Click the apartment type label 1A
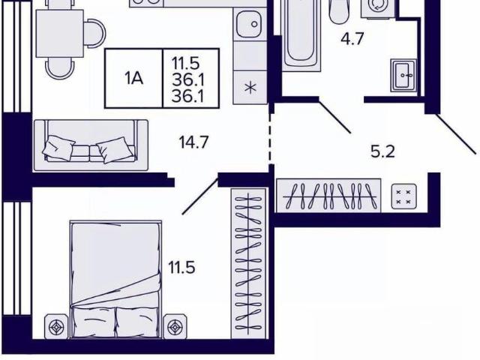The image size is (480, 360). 133,79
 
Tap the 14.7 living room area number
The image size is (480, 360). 193,142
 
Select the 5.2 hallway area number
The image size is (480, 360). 382,151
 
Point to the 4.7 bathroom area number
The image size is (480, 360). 352,39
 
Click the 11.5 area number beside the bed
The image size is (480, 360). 181,267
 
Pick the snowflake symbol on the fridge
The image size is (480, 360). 250,88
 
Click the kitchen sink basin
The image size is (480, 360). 249,24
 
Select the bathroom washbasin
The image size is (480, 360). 403,75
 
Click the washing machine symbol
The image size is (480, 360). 378,7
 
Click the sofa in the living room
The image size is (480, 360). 91,145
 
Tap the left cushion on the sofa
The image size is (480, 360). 58,148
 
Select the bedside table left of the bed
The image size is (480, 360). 56,327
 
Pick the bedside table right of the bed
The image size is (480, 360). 175,327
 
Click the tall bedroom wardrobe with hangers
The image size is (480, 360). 248,263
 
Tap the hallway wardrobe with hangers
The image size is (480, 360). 329,196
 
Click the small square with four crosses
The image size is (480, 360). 403,196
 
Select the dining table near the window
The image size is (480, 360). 60,33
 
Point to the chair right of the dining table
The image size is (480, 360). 95,33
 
